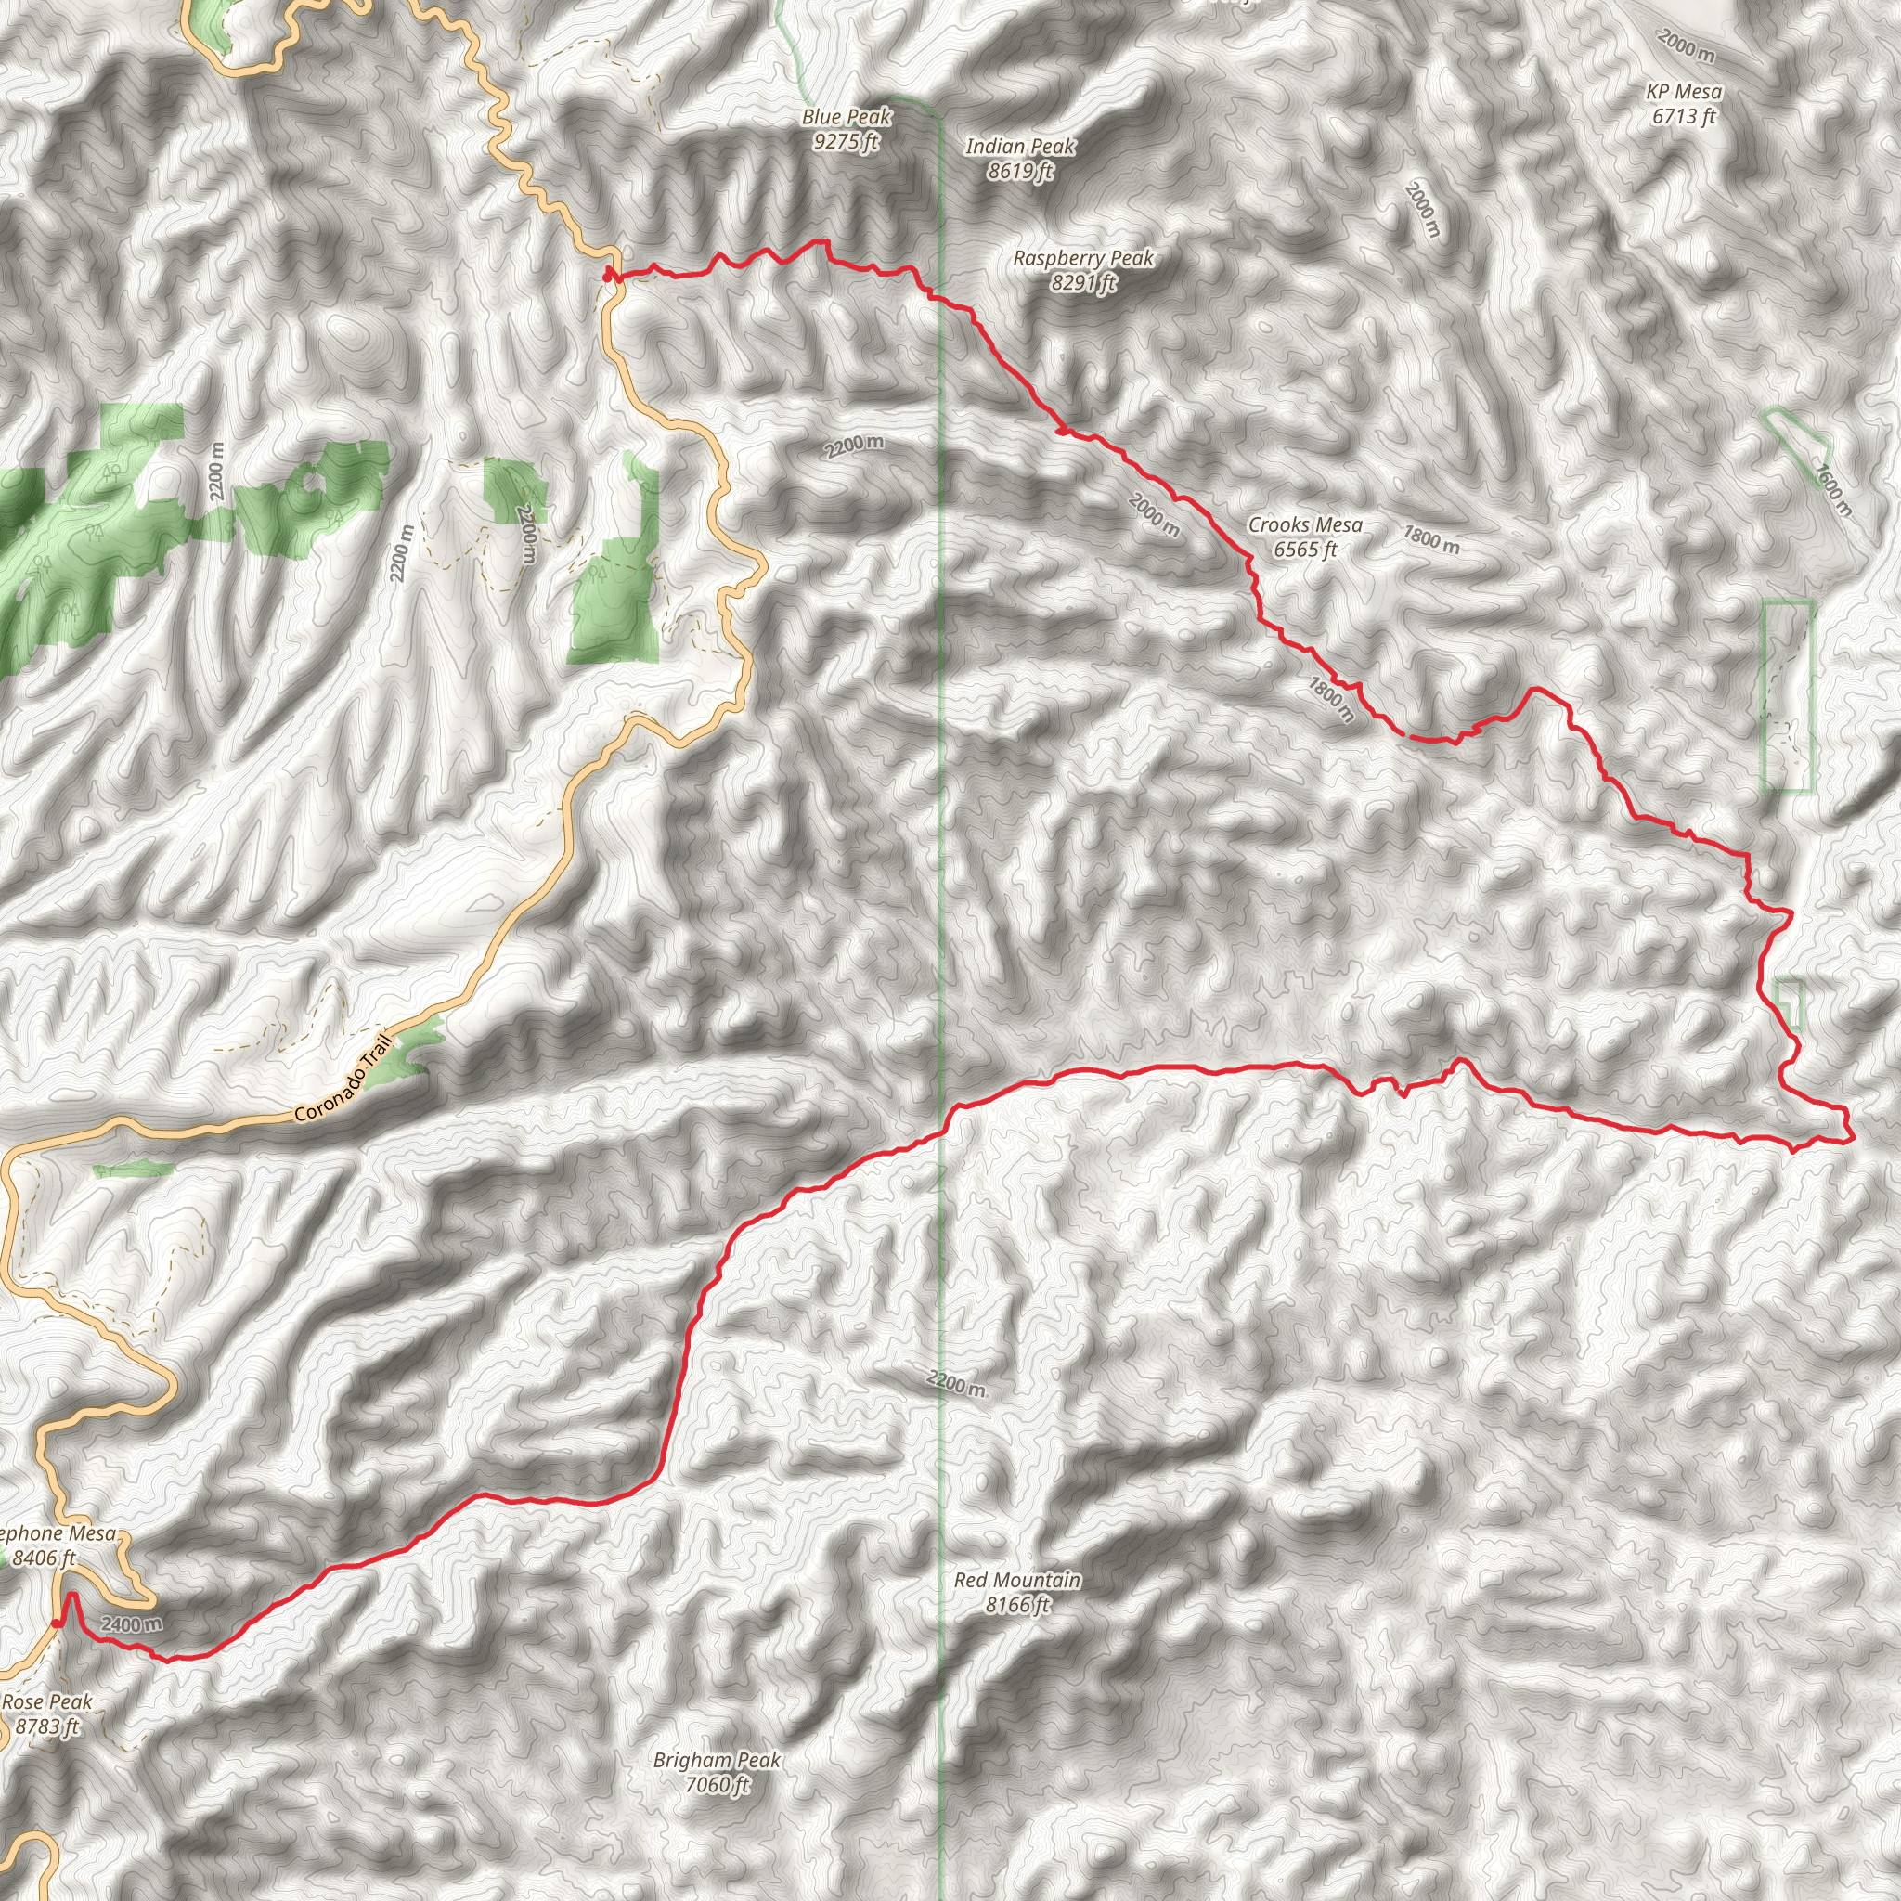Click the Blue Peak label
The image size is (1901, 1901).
(x=847, y=117)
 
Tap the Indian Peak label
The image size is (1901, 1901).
(x=1020, y=147)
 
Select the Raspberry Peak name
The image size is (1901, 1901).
(x=1083, y=258)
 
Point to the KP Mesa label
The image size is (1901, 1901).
(x=1684, y=92)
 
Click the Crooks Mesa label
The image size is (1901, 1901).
(x=1305, y=524)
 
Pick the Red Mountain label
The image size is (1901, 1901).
(x=1017, y=1579)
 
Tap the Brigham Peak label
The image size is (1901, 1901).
(x=717, y=1759)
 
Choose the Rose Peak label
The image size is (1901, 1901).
(x=47, y=1701)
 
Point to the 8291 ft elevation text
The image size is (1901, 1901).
(x=1083, y=283)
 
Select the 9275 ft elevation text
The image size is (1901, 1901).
(x=847, y=142)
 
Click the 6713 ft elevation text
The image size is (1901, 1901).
(x=1684, y=116)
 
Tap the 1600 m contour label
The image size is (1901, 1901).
(x=1833, y=490)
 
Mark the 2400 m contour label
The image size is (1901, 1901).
(x=130, y=1623)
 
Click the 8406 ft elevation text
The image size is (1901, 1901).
(x=45, y=1558)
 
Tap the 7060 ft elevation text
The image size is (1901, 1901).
(x=717, y=1784)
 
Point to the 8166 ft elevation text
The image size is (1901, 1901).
(x=1017, y=1605)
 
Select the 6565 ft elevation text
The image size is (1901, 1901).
(x=1305, y=550)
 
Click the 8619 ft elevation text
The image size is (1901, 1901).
(x=1020, y=171)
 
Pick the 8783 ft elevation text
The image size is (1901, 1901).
(x=47, y=1726)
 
